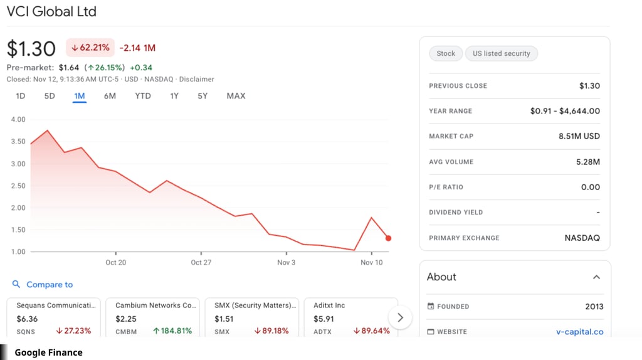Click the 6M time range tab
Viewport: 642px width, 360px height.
(110, 96)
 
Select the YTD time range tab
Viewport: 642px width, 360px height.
(143, 96)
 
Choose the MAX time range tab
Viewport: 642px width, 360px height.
(236, 96)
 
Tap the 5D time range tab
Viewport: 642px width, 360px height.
(50, 96)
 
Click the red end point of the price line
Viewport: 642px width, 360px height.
(389, 238)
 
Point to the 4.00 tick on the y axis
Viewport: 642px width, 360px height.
(18, 119)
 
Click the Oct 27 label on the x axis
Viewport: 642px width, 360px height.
(201, 262)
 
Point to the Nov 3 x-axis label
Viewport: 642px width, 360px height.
(286, 262)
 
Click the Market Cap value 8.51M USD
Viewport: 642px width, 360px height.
(579, 136)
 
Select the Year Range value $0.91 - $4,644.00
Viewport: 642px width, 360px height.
(565, 111)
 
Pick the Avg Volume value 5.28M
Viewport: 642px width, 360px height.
(587, 162)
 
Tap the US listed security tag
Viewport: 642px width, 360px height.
(501, 53)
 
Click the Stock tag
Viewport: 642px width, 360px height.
(446, 53)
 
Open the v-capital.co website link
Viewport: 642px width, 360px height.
(579, 332)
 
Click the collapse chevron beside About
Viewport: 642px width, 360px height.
(596, 277)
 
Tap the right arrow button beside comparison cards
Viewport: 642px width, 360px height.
(400, 317)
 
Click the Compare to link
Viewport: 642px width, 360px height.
(49, 285)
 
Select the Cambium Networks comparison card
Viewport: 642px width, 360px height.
(153, 317)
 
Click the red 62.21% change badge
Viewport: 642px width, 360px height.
(90, 48)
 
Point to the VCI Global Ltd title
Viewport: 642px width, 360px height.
(51, 11)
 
